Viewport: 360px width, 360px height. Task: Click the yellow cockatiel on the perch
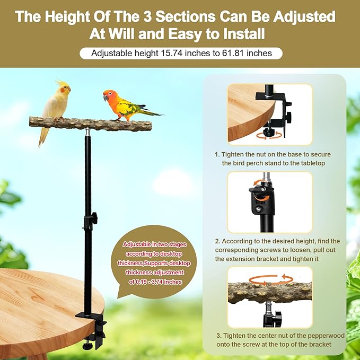56,103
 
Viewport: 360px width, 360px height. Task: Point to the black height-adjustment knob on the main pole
93,217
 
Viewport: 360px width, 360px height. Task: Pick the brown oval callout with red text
154,262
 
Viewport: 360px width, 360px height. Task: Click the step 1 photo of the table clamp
270,113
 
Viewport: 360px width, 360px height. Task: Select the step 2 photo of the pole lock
270,203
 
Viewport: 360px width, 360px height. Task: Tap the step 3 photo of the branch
270,297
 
